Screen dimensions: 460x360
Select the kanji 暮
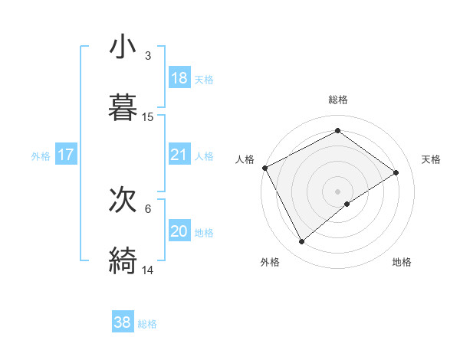pos(123,107)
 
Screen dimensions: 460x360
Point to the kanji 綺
pos(123,260)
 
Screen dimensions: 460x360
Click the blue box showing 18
pos(179,78)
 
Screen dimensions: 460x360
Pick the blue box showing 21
pos(179,155)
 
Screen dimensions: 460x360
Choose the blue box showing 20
pos(179,232)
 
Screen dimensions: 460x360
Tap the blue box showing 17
pos(66,155)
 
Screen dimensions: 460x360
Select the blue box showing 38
pos(123,323)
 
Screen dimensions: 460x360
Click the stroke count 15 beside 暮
pos(148,117)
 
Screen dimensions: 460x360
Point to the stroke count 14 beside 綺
pos(148,270)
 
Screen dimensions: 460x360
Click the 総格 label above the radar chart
pos(338,100)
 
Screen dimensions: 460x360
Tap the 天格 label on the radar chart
pos(432,159)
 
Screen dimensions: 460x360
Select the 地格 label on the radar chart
pos(402,262)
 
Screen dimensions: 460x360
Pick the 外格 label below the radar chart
pos(270,262)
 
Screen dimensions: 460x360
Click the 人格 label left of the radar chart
pos(245,159)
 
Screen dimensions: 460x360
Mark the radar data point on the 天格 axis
pos(396,172)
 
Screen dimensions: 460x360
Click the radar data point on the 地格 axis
pos(347,204)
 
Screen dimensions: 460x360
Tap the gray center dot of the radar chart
pos(338,191)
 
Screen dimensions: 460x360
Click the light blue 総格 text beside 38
pos(148,324)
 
